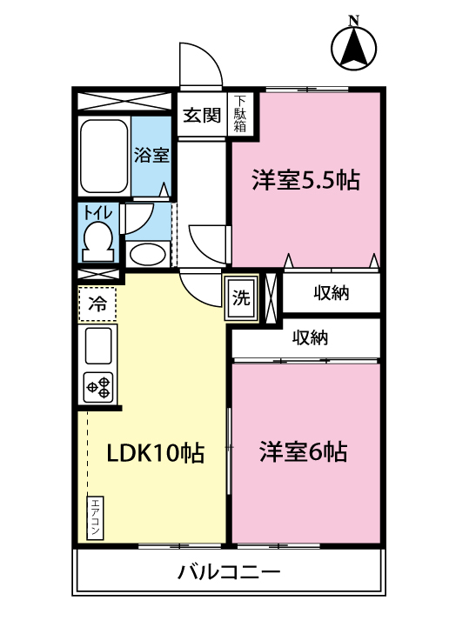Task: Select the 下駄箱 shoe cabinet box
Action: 239,115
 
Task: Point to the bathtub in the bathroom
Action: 104,158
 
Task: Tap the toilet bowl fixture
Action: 97,239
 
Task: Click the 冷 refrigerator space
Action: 98,304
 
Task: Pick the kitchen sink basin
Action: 98,345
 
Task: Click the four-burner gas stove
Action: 98,386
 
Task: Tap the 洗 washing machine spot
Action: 241,297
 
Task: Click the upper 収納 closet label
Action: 331,293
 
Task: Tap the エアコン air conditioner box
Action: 95,518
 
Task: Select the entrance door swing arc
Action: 197,63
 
